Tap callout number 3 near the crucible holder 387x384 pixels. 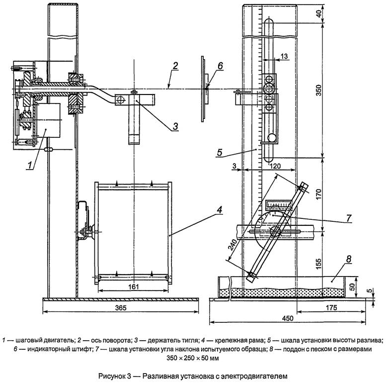pos(175,126)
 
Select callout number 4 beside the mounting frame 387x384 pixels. pos(220,210)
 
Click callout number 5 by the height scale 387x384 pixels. pos(220,153)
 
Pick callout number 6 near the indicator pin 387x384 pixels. pos(220,66)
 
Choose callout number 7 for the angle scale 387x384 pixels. pos(348,218)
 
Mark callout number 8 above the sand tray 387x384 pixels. pos(348,259)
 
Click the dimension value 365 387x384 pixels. pos(121,307)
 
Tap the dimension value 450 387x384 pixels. pos(288,318)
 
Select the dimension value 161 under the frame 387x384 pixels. pos(134,287)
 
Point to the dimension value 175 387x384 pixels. pos(331,307)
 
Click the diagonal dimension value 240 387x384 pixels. pos(233,245)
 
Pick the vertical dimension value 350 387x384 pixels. pos(318,90)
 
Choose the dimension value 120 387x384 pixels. pos(275,166)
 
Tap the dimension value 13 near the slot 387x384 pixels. pos(284,56)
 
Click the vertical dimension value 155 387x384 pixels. pos(318,264)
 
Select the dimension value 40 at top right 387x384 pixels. pos(319,13)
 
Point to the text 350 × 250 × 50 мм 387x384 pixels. pos(193,358)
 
